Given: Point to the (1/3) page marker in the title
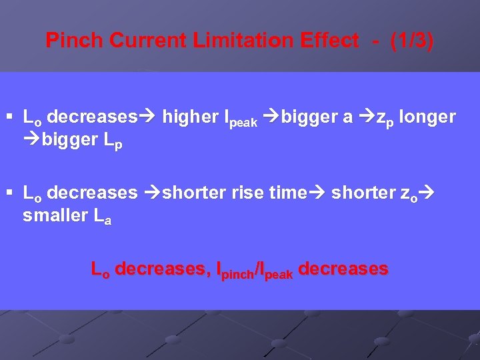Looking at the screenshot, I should coord(412,41).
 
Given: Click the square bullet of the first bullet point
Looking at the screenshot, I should coord(12,118).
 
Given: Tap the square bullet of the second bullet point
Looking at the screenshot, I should coord(12,193).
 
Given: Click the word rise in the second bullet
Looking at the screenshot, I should coord(247,193).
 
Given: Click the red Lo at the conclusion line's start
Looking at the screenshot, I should coord(100,270).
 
